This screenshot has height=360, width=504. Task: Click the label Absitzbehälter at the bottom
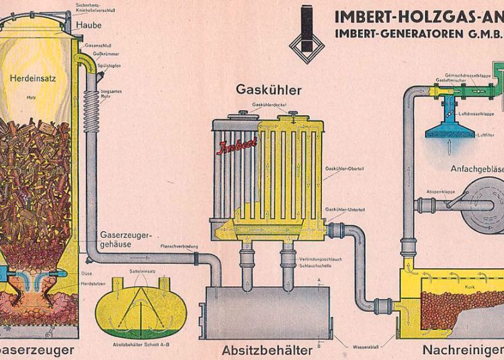(267, 350)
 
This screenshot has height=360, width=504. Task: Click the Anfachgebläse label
(476, 169)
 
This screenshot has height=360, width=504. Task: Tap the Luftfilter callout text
(486, 136)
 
